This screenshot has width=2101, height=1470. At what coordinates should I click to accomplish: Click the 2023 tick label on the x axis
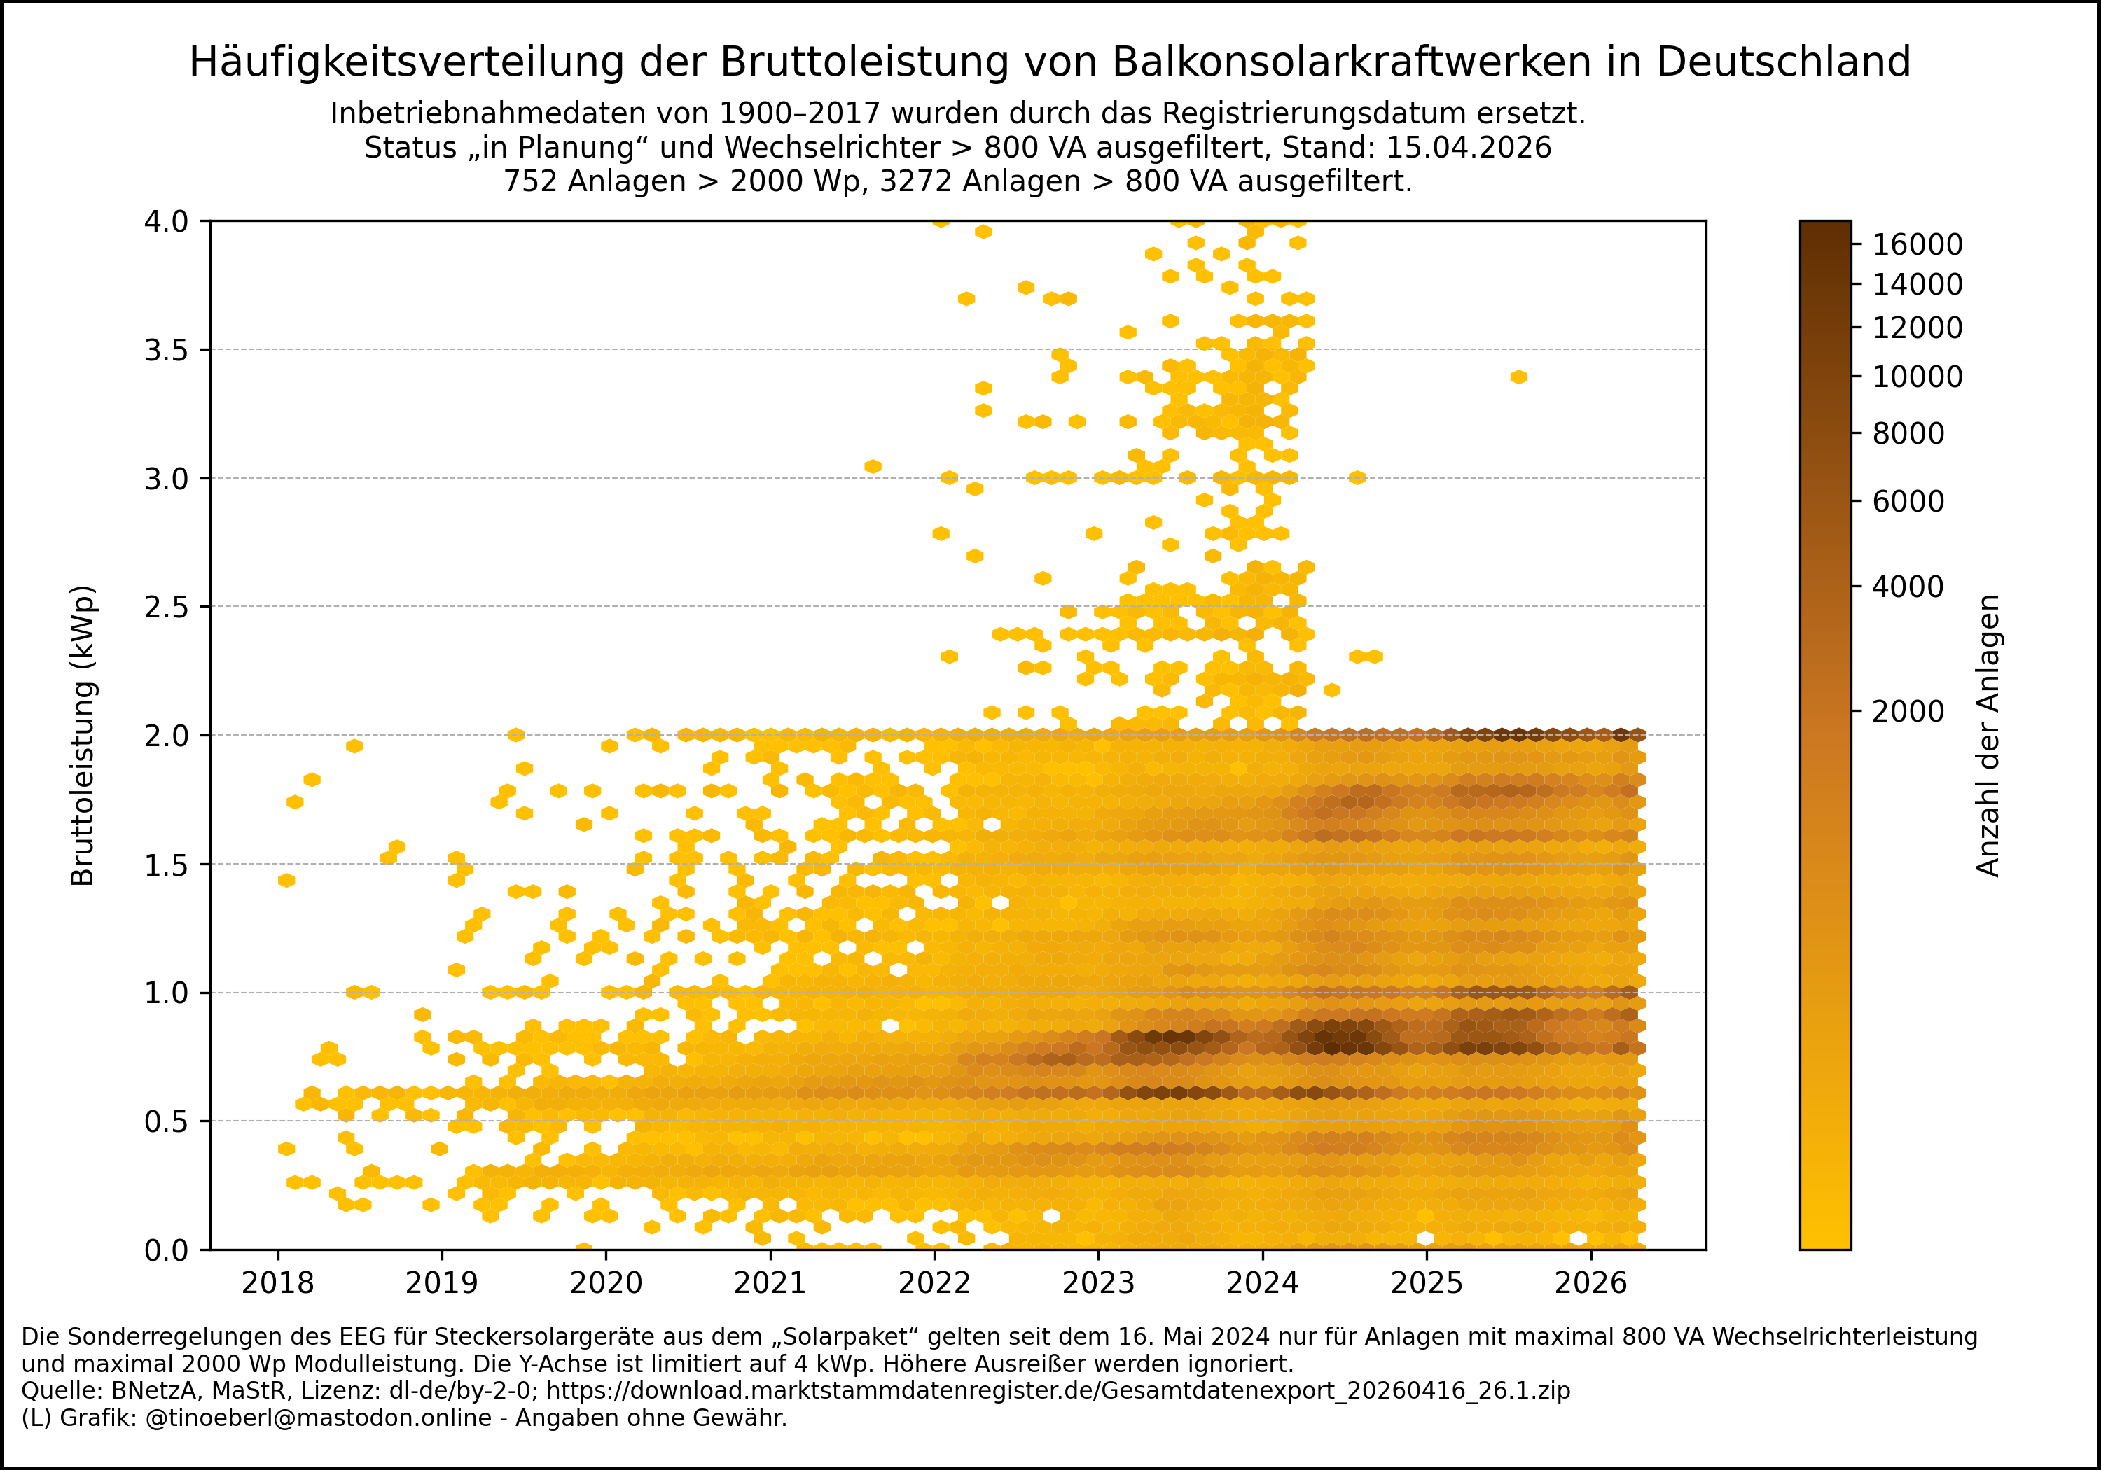[1098, 1283]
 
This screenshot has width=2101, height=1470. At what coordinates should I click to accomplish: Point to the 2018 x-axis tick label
[277, 1283]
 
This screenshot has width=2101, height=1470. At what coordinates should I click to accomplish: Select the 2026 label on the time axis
[1590, 1283]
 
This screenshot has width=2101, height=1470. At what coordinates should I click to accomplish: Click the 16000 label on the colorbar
[1917, 244]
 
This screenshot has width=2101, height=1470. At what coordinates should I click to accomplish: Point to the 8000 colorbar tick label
[1908, 433]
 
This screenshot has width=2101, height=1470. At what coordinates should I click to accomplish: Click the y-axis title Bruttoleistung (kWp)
[83, 736]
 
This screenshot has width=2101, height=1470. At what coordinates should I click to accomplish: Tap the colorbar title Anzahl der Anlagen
[1988, 736]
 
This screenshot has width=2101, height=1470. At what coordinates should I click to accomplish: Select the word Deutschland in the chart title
[1782, 62]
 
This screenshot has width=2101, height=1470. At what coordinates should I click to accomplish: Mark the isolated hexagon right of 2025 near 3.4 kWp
[1519, 377]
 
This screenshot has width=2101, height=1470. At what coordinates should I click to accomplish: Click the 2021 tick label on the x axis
[770, 1283]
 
